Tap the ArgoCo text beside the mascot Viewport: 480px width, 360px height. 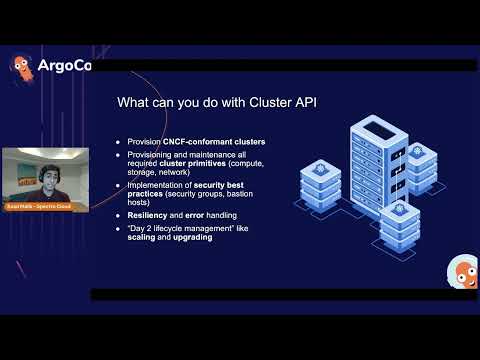[63, 68]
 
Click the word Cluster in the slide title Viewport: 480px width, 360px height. [233, 102]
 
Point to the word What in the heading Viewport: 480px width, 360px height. [134, 102]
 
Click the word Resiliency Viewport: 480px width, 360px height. [149, 215]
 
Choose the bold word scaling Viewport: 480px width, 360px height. [142, 237]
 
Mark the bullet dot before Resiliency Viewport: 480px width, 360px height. [119, 215]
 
